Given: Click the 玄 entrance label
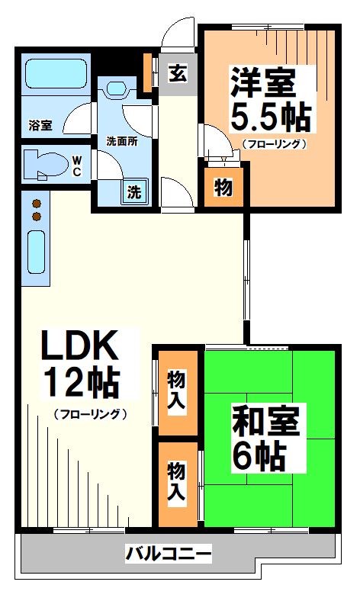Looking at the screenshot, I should coord(176,75).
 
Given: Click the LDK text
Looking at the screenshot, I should coord(79,349).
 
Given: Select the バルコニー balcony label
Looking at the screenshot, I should coord(169,553).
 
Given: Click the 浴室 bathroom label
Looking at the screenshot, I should coord(40,125).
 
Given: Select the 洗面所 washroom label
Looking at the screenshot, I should coord(121,140).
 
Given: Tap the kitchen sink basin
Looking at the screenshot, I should coord(36,251).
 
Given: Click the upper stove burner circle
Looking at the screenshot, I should coord(35,204).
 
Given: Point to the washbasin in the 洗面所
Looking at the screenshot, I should coord(117,88).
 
